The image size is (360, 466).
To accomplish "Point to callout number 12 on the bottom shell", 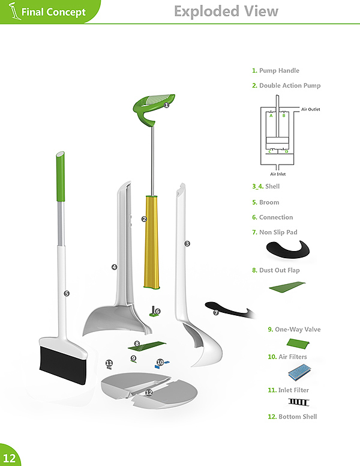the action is click(148, 392).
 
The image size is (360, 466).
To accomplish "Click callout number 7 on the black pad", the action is click(216, 313).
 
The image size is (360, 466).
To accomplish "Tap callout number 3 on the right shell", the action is click(187, 243).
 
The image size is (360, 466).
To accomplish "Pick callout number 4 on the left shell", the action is click(114, 267).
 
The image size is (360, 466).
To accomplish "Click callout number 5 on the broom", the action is click(67, 294).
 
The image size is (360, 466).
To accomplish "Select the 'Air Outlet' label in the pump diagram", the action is click(310, 109).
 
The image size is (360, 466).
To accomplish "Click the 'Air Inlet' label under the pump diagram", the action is click(277, 174).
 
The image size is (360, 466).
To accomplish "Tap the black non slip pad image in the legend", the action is click(289, 249).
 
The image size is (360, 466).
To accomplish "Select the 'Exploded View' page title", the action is click(226, 11).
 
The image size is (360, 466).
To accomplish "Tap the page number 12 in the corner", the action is click(10, 456).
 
